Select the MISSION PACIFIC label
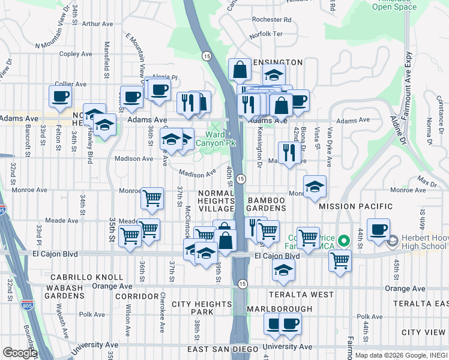(x=356, y=206)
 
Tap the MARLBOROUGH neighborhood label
(x=280, y=309)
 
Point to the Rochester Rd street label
(x=271, y=20)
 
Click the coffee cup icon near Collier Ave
(x=60, y=96)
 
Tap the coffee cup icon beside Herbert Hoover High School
(x=378, y=230)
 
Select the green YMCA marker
(x=343, y=241)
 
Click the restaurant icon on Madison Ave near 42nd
(x=289, y=152)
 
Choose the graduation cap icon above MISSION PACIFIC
(x=314, y=186)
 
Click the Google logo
(x=19, y=353)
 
